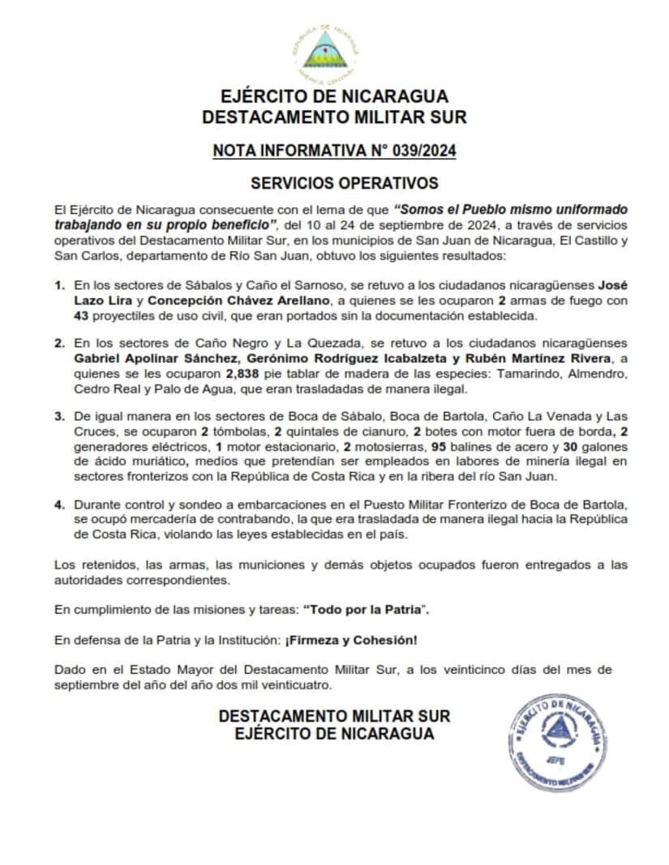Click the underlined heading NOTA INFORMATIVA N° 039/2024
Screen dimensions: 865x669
[x=334, y=151]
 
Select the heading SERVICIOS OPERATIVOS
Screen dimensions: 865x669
[x=334, y=183]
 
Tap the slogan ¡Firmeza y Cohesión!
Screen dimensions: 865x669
[x=351, y=640]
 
